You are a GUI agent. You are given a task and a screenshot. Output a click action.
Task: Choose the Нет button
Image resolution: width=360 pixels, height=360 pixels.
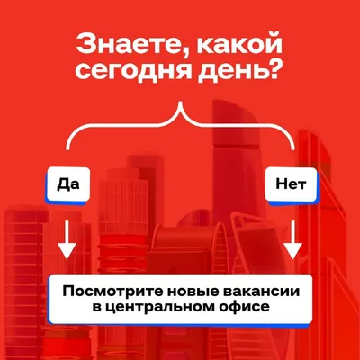pos(292,184)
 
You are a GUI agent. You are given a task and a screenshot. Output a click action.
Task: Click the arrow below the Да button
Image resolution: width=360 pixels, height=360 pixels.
pos(67,239)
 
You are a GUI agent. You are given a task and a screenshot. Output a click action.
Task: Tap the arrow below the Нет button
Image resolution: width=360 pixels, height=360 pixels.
pos(292,239)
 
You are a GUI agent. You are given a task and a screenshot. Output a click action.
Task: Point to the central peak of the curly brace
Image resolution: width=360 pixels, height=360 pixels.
pos(180,103)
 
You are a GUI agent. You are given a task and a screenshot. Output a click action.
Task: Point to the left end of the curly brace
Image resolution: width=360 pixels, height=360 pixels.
pos(68,148)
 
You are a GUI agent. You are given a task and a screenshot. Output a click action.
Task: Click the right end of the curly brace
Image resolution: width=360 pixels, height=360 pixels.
pos(292,148)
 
